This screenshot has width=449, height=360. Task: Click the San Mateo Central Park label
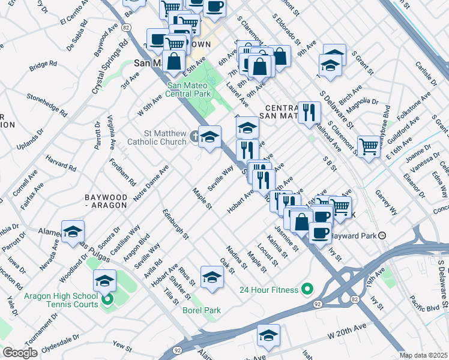coord(189,90)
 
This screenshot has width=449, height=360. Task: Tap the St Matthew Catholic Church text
coord(158,137)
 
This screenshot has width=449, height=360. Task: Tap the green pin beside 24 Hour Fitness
coord(307,290)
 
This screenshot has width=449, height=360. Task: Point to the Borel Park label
coord(202,310)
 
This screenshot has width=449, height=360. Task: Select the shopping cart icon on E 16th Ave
coord(369,145)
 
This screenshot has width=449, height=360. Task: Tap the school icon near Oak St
coord(211,277)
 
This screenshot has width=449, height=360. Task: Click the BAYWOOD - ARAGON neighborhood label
coord(106,201)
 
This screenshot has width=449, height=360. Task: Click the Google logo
coord(20,353)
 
